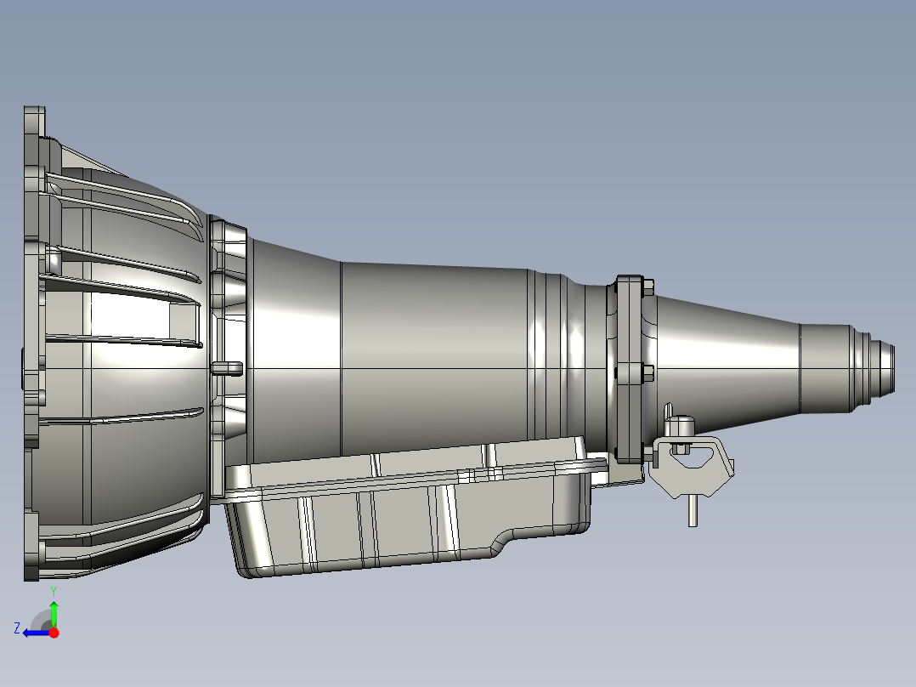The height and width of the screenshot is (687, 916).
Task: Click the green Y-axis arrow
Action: [54, 612]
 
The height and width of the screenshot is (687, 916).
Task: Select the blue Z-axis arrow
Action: [36, 633]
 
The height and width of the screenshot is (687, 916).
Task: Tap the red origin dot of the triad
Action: [54, 633]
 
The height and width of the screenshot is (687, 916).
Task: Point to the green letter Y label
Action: [54, 589]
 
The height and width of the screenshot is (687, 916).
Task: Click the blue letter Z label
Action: [16, 628]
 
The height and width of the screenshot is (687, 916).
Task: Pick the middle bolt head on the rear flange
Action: [648, 372]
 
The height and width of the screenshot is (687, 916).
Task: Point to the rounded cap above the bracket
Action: [681, 421]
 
